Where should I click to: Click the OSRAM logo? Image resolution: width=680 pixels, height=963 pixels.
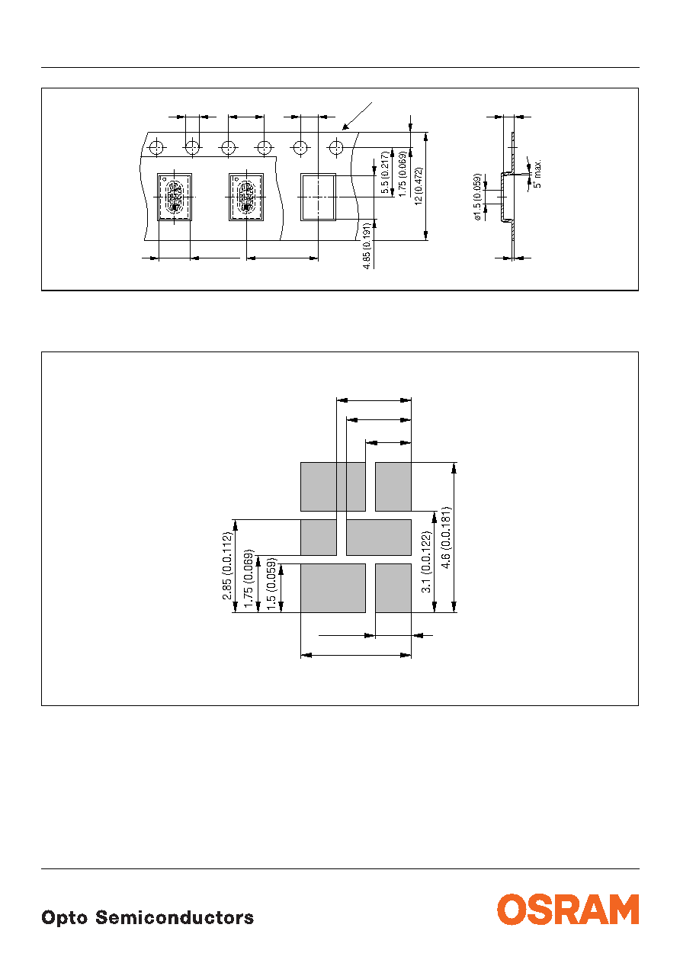[568, 909]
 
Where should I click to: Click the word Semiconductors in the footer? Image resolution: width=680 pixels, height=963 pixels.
[175, 917]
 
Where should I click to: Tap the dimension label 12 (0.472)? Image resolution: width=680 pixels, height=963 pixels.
[419, 186]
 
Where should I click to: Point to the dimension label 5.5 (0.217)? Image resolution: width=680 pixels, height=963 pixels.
[385, 172]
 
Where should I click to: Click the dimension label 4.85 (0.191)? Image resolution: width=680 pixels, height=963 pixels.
[367, 246]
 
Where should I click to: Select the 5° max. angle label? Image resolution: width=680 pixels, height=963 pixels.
[537, 174]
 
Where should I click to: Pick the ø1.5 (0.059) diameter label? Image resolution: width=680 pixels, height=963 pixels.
[477, 197]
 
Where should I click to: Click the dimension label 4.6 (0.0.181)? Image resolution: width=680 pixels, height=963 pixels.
[446, 538]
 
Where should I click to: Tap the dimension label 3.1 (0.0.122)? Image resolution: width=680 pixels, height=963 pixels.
[426, 562]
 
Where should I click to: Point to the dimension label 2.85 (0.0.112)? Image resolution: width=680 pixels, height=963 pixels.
[227, 566]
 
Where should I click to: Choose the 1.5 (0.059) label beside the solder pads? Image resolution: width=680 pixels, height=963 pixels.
[271, 584]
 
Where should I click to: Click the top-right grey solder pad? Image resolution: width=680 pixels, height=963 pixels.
[393, 486]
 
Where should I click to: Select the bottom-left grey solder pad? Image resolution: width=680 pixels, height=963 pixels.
[333, 588]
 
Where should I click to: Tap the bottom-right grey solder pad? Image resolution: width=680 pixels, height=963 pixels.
[393, 588]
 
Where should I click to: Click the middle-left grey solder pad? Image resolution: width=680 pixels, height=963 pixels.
[319, 537]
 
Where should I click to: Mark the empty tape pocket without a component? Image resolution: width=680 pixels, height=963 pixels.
[318, 197]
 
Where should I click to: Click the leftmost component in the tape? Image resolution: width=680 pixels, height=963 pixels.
[175, 197]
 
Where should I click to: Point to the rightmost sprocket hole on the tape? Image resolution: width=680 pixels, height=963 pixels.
[336, 147]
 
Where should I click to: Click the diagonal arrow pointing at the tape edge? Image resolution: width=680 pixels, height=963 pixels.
[357, 116]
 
